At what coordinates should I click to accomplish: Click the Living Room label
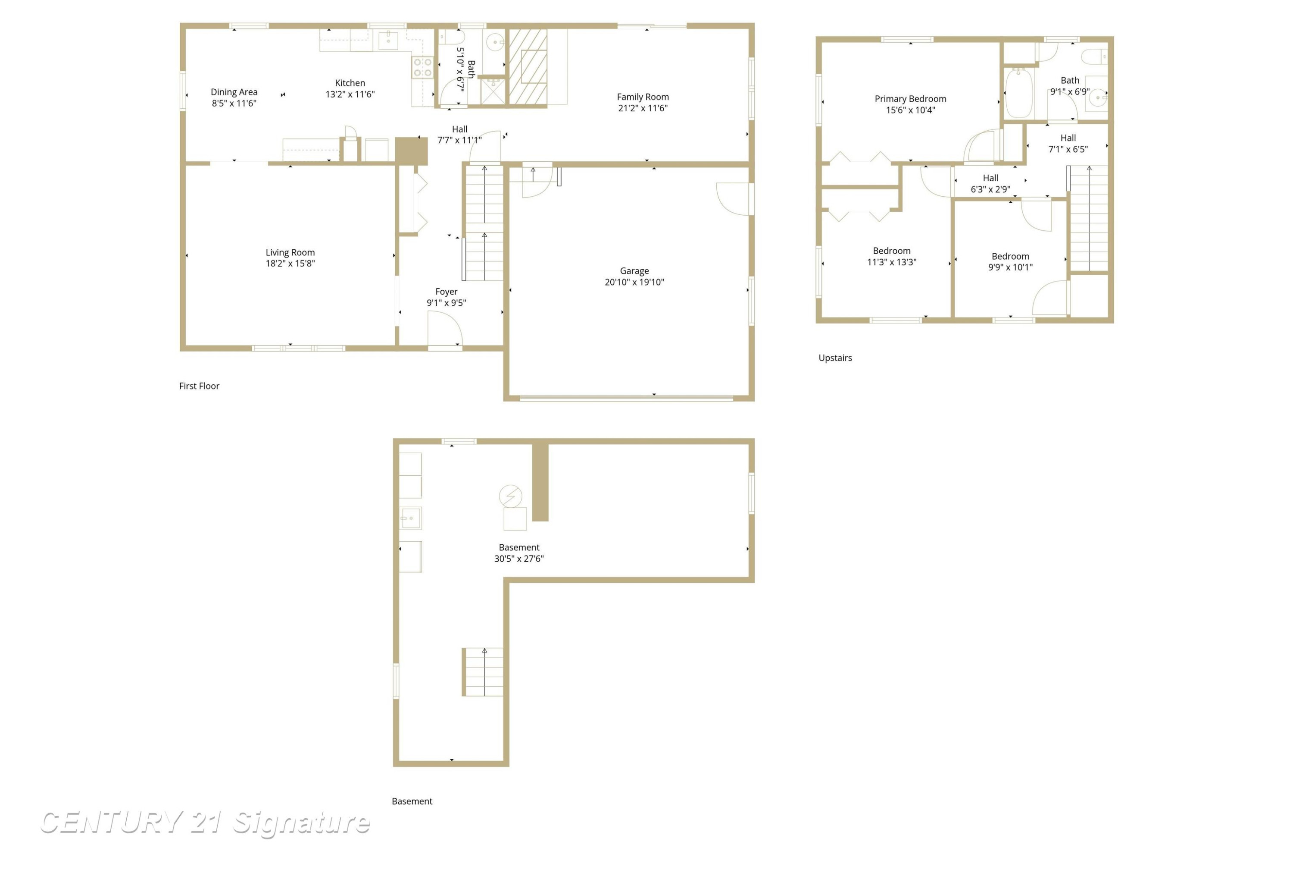[290, 252]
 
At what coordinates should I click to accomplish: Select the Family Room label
[643, 97]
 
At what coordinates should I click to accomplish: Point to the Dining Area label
[234, 92]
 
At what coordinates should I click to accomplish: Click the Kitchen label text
[350, 83]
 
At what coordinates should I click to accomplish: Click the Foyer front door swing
[445, 329]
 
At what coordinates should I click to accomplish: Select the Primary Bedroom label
[910, 99]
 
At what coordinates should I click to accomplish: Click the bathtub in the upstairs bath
[1019, 93]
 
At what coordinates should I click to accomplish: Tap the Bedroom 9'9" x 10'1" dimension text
[1010, 267]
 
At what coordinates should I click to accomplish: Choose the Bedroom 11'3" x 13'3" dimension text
[892, 262]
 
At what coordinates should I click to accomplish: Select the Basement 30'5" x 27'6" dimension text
[519, 559]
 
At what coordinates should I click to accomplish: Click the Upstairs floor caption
[835, 358]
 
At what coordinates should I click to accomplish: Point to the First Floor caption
[199, 386]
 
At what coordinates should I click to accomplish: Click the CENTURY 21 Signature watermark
[205, 822]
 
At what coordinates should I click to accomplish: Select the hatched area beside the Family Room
[528, 66]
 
